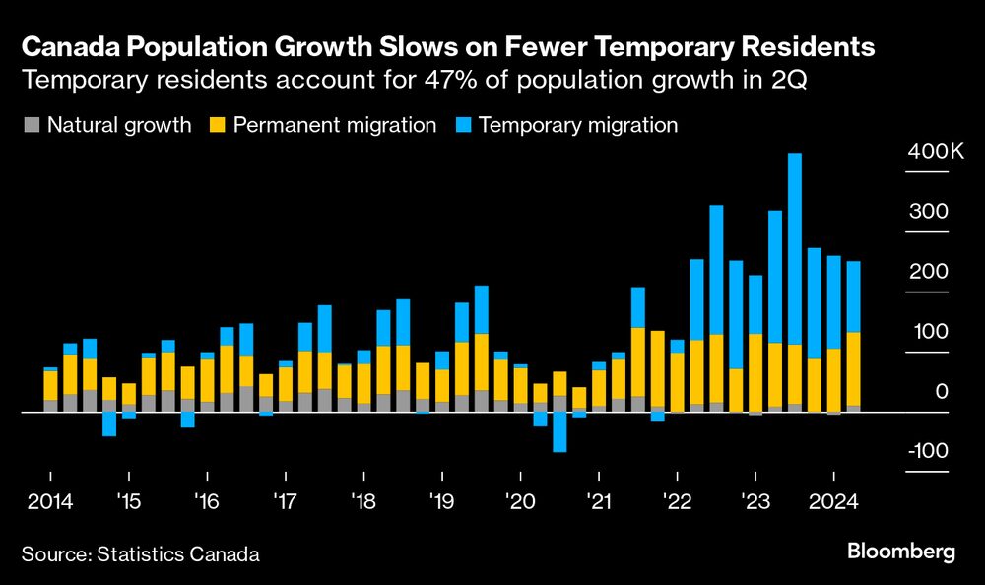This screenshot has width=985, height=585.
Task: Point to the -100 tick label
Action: (x=927, y=451)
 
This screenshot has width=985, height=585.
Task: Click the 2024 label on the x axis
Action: (x=833, y=500)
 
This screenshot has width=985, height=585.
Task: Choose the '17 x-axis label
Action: (x=285, y=500)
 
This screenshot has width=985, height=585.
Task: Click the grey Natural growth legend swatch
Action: (x=31, y=125)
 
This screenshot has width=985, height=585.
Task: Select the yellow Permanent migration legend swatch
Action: (x=218, y=125)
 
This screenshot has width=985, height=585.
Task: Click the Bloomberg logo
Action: (x=901, y=552)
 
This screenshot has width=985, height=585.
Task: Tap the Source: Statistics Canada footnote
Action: (x=140, y=554)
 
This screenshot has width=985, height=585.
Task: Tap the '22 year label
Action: (x=677, y=500)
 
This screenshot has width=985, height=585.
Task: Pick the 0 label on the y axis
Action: (x=942, y=392)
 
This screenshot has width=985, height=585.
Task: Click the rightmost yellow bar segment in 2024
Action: (x=853, y=369)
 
